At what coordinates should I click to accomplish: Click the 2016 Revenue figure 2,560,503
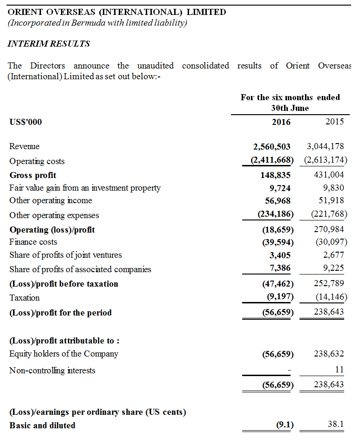point(272,147)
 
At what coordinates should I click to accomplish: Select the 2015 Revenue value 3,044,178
point(326,146)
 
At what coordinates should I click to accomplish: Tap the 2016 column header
point(281,122)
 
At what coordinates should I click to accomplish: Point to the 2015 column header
point(334,122)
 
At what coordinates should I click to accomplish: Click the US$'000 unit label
point(26,122)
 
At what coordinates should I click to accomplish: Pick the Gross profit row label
point(33,175)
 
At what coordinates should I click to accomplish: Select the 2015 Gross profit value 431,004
point(329,175)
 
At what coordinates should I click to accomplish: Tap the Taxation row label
point(25,298)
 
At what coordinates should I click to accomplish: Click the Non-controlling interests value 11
point(340,370)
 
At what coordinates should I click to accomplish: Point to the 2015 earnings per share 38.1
point(335,425)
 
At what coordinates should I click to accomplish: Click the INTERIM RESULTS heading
point(49,44)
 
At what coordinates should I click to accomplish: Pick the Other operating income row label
point(51,200)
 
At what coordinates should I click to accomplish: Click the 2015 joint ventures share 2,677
point(333,254)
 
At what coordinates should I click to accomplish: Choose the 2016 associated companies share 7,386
point(280,269)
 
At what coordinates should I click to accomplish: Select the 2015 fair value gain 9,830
point(333,187)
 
